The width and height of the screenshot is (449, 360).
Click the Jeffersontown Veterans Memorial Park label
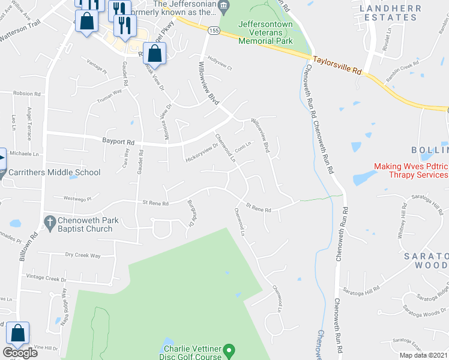click(x=265, y=32)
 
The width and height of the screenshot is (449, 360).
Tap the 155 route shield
click(x=213, y=29)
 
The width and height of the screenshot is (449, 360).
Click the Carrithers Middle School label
click(x=55, y=172)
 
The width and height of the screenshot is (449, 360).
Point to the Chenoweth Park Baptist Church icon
click(x=49, y=220)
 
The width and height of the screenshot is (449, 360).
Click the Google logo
click(x=20, y=353)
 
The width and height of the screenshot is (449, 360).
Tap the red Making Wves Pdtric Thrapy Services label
click(x=411, y=170)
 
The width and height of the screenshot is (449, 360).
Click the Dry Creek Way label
click(x=83, y=256)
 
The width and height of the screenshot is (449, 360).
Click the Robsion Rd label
click(x=26, y=94)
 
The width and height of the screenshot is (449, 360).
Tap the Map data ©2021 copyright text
click(x=423, y=355)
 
